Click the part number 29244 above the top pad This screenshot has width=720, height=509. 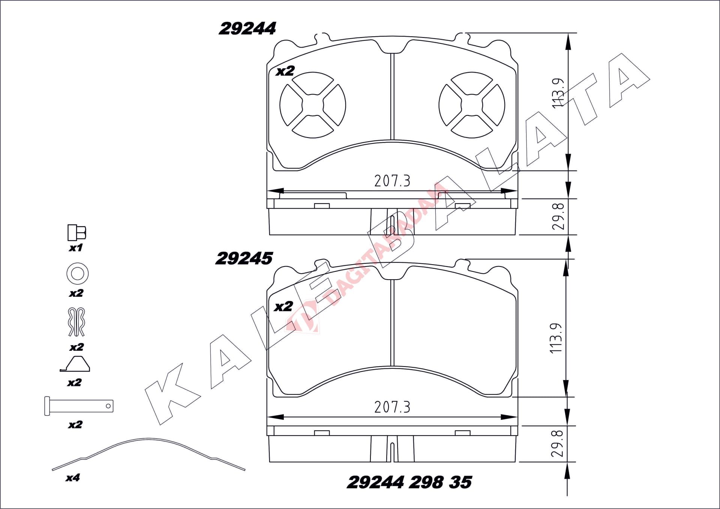tap(247, 29)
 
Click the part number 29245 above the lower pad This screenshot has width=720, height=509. tap(244, 259)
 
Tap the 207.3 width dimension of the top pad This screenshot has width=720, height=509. tap(392, 181)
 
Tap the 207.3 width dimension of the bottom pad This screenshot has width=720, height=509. tap(392, 407)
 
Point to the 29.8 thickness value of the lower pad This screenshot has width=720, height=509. tap(557, 443)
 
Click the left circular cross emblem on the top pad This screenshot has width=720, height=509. tap(313, 105)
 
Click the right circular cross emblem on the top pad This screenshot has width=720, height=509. tap(472, 105)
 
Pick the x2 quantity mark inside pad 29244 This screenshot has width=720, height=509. tap(285, 71)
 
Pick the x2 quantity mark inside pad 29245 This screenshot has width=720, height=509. tap(283, 307)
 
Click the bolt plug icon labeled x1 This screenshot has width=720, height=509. tap(76, 233)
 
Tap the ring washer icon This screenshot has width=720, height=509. tap(77, 273)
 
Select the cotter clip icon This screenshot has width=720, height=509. tap(76, 322)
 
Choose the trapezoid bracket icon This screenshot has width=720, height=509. tap(75, 364)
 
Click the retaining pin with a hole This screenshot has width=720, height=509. tap(79, 406)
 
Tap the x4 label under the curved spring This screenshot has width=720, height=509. tap(72, 478)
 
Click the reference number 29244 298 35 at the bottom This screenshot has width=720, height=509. tap(409, 482)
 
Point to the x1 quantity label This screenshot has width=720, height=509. tap(75, 248)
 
